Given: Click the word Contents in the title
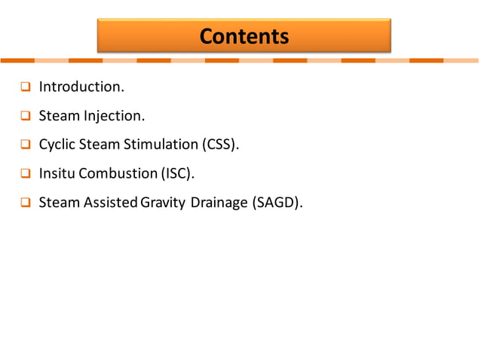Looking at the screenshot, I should point(244,36).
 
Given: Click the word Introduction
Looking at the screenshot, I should point(81,87).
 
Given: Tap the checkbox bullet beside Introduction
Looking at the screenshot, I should point(25,87).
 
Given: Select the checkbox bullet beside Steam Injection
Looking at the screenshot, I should point(25,116).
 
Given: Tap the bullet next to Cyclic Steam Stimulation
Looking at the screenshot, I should point(25,145).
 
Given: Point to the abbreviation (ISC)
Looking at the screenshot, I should point(177,173).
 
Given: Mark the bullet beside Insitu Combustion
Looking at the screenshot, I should point(25,173).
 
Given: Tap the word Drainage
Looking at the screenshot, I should point(219,202).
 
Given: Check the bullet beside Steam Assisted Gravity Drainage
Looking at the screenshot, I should point(25,202).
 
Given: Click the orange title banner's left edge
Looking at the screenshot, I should point(99,36).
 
